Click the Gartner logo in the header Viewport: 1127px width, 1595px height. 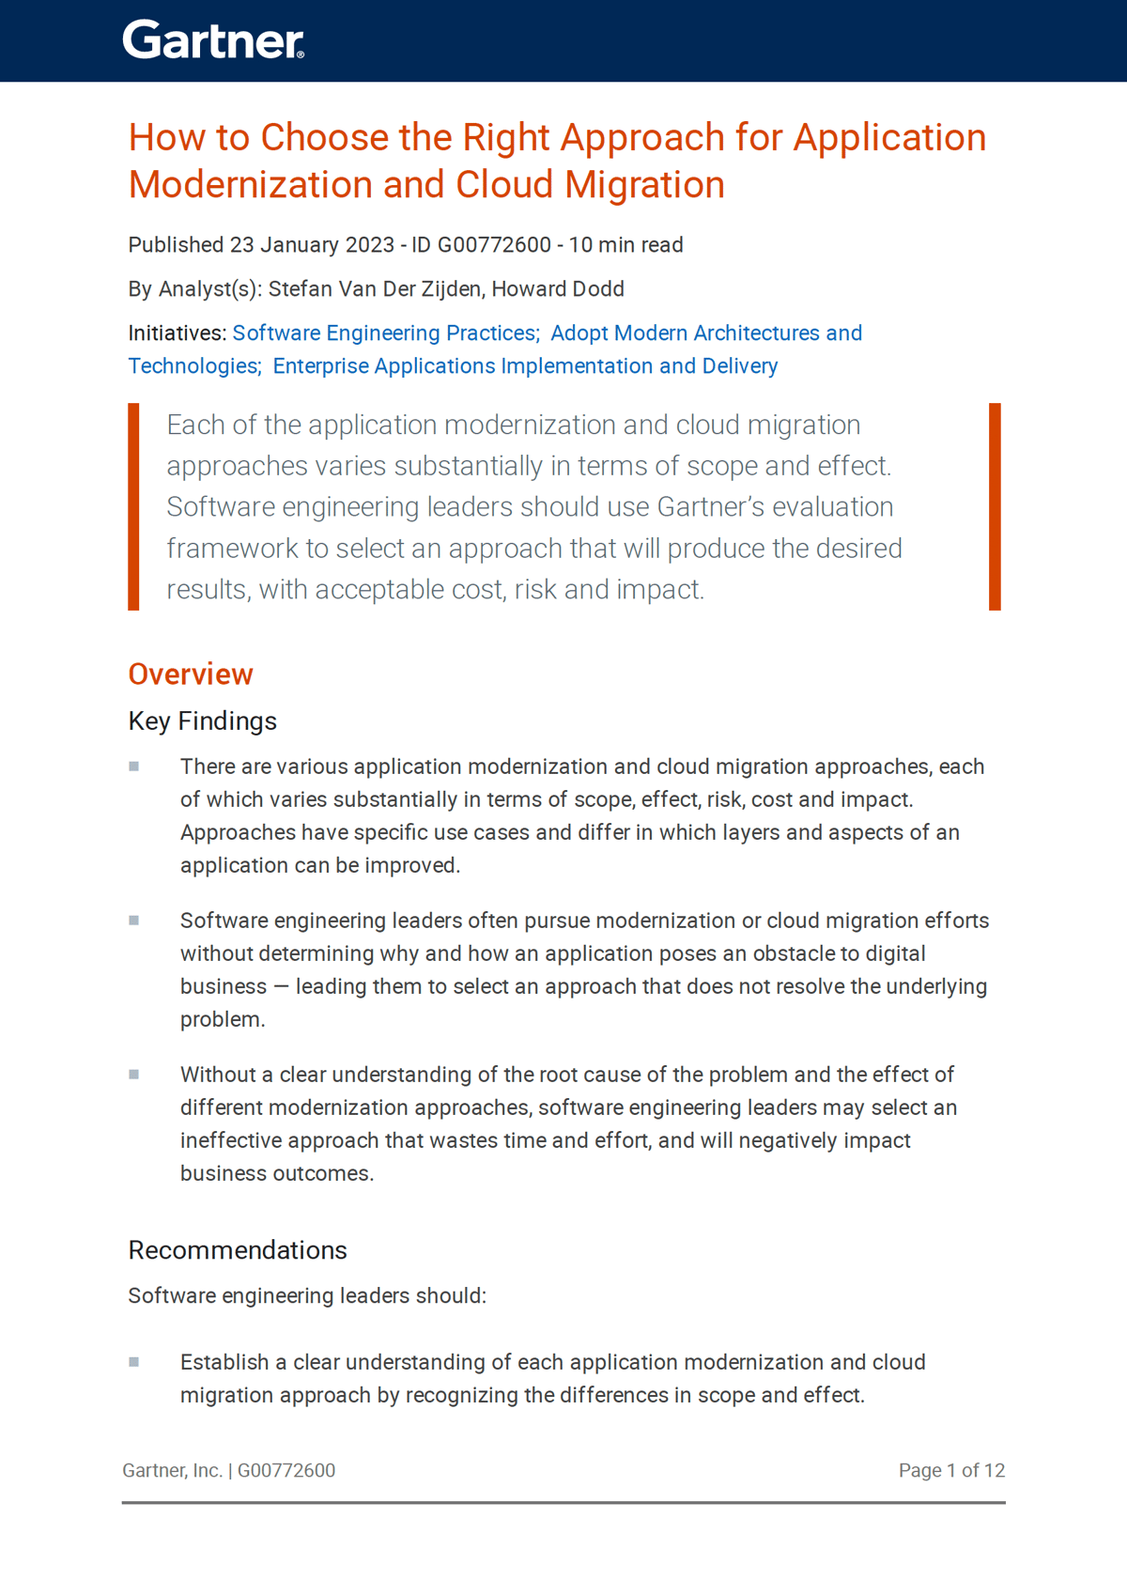point(213,40)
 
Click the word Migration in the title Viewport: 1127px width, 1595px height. point(644,185)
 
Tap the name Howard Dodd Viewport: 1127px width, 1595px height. point(558,289)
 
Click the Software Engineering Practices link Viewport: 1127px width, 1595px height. point(385,333)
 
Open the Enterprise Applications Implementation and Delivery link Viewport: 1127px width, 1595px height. point(525,366)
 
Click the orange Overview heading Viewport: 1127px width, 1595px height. point(191,674)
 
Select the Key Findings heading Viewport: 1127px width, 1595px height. point(202,721)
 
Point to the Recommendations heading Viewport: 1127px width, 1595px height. point(238,1250)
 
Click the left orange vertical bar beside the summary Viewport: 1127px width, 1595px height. point(133,507)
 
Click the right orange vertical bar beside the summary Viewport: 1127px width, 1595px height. point(995,507)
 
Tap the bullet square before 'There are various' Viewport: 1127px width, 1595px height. point(134,767)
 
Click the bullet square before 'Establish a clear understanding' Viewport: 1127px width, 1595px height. point(134,1362)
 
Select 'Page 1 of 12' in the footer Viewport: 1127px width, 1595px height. point(951,1471)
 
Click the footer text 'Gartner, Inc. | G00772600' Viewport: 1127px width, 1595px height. point(229,1471)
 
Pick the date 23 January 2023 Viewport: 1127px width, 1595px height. point(312,245)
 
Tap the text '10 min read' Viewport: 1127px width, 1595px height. point(626,245)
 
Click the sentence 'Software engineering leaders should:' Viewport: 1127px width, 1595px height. point(307,1296)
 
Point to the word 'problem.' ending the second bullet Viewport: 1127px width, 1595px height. point(223,1020)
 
